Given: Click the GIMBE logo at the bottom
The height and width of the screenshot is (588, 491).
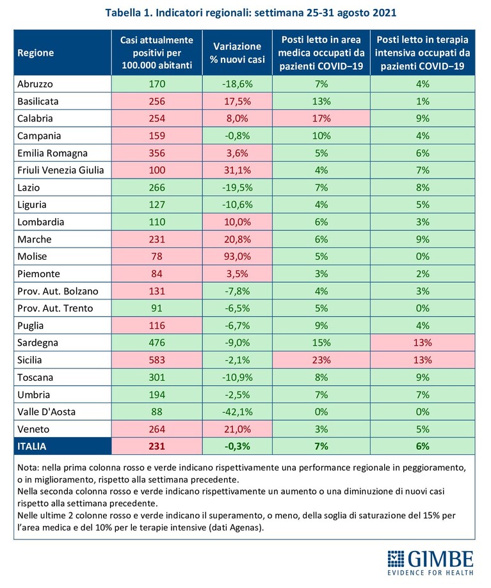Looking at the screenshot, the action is click(x=430, y=562).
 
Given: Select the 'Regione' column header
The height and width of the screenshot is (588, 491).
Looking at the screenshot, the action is click(x=36, y=53).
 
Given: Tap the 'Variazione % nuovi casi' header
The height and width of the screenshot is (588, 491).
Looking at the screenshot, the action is click(x=237, y=53).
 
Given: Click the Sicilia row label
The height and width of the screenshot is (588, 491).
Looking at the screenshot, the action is click(x=29, y=360).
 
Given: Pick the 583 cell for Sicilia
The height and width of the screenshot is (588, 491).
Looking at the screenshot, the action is click(x=157, y=360).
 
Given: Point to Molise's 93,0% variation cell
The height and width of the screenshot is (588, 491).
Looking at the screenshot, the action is click(x=237, y=257).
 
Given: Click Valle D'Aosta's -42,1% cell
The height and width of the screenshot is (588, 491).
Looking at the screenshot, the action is click(x=237, y=412).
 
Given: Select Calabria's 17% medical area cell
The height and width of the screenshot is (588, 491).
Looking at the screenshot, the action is click(x=321, y=118).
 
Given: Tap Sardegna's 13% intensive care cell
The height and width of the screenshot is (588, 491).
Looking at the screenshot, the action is click(x=423, y=343).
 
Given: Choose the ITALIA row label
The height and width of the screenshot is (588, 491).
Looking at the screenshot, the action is click(x=32, y=446).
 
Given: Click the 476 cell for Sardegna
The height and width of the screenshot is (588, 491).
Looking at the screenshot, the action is click(x=157, y=343).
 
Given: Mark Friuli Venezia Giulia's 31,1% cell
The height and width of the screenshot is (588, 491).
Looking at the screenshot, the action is click(x=237, y=170).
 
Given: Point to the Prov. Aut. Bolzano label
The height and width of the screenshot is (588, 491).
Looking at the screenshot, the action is click(x=58, y=291).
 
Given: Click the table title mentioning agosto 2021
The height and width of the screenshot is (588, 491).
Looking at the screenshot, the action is click(x=251, y=13).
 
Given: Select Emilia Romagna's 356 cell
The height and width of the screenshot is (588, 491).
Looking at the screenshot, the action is click(x=157, y=153).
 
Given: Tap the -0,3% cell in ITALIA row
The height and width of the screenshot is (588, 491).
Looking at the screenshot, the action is click(x=237, y=446).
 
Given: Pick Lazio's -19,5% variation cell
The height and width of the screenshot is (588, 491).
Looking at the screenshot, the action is click(x=237, y=187).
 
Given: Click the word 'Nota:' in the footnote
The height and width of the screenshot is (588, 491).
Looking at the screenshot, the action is click(x=29, y=468).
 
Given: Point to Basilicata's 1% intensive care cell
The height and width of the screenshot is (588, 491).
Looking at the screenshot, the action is click(x=423, y=101).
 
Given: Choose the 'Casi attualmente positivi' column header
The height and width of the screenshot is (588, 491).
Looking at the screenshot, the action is click(x=157, y=53).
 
